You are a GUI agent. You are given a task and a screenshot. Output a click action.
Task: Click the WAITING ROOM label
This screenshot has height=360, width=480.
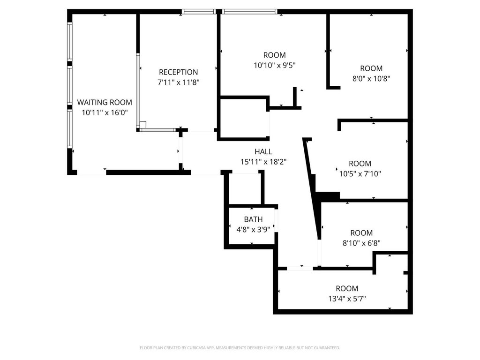point(105,102)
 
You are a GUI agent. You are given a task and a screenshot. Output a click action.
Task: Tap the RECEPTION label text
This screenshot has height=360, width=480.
point(178,72)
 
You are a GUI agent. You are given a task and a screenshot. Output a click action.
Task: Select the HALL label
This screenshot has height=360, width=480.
point(263,151)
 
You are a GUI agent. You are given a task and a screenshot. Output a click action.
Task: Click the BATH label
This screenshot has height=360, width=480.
point(253,219)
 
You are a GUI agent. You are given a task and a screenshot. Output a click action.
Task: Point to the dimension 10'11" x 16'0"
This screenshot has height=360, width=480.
point(105,112)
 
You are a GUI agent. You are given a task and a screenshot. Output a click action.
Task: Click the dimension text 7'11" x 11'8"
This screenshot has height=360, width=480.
point(178,82)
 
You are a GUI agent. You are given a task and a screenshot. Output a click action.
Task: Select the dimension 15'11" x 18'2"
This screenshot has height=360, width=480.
point(263,162)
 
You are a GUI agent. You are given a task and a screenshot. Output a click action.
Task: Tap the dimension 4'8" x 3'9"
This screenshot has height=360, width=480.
point(253,230)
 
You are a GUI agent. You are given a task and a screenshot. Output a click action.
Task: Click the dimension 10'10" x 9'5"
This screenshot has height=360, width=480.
point(274,65)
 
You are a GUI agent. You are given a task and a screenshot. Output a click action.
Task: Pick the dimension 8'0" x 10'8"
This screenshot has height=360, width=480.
point(371,79)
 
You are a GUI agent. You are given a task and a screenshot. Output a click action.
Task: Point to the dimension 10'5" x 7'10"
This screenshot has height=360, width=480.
point(360,174)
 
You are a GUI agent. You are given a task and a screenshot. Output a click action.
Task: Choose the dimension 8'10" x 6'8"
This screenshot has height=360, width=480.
point(361,243)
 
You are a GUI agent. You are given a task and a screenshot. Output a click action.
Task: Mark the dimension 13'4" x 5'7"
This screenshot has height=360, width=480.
point(347,299)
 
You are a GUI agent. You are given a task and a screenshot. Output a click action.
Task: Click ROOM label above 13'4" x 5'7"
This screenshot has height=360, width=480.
point(347,288)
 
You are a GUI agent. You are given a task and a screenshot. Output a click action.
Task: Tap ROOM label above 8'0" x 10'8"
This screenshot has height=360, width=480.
point(371,68)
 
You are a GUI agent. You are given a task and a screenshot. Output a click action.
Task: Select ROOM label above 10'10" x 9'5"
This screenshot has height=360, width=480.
point(274,55)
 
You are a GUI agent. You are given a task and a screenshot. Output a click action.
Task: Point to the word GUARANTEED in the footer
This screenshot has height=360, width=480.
point(330,348)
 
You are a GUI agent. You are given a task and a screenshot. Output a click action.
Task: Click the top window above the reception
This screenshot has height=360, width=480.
point(198,12)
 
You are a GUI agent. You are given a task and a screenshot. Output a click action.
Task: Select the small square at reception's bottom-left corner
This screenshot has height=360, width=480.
point(142,125)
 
